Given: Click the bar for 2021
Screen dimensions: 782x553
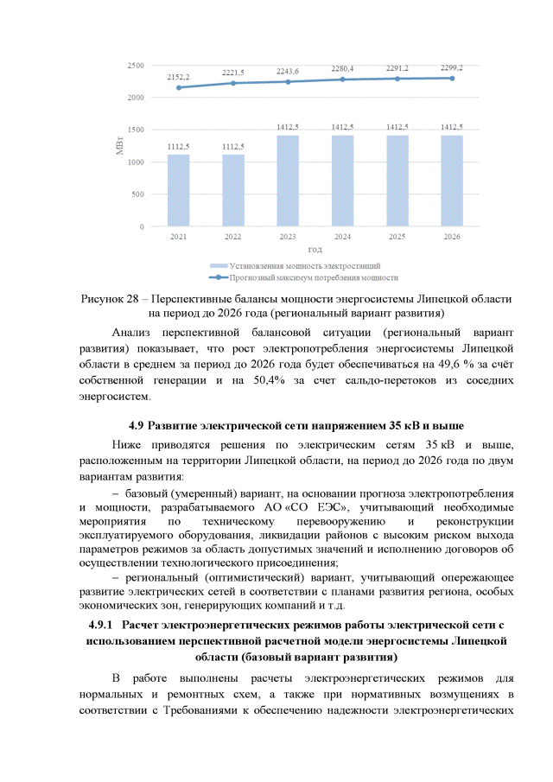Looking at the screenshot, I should (x=178, y=190).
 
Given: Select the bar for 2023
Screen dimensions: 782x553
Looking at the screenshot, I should (x=288, y=181).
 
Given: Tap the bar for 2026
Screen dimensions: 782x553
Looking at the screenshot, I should (x=451, y=181).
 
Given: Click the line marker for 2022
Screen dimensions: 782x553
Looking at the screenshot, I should (x=233, y=83).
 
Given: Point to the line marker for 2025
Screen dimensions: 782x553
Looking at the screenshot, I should (x=397, y=79).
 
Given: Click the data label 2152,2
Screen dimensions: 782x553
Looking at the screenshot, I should (x=178, y=77).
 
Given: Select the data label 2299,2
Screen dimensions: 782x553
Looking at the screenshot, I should (x=451, y=67).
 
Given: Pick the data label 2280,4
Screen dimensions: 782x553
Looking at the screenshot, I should (x=342, y=69).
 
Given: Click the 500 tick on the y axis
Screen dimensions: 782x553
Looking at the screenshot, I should (x=137, y=194).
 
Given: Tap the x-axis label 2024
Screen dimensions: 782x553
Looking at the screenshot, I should (x=342, y=236).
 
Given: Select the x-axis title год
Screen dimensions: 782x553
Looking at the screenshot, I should (x=315, y=249).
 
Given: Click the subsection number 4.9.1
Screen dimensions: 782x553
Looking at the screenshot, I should (x=102, y=624).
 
